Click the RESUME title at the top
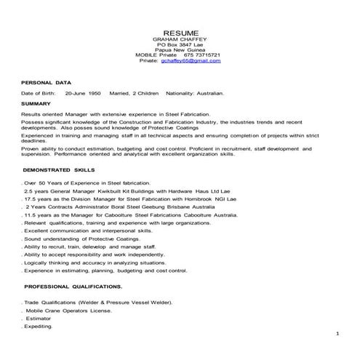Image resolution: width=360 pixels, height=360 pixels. click(179, 33)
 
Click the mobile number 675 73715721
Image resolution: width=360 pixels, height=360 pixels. click(202, 55)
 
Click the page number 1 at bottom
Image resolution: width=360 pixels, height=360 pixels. click(337, 333)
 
